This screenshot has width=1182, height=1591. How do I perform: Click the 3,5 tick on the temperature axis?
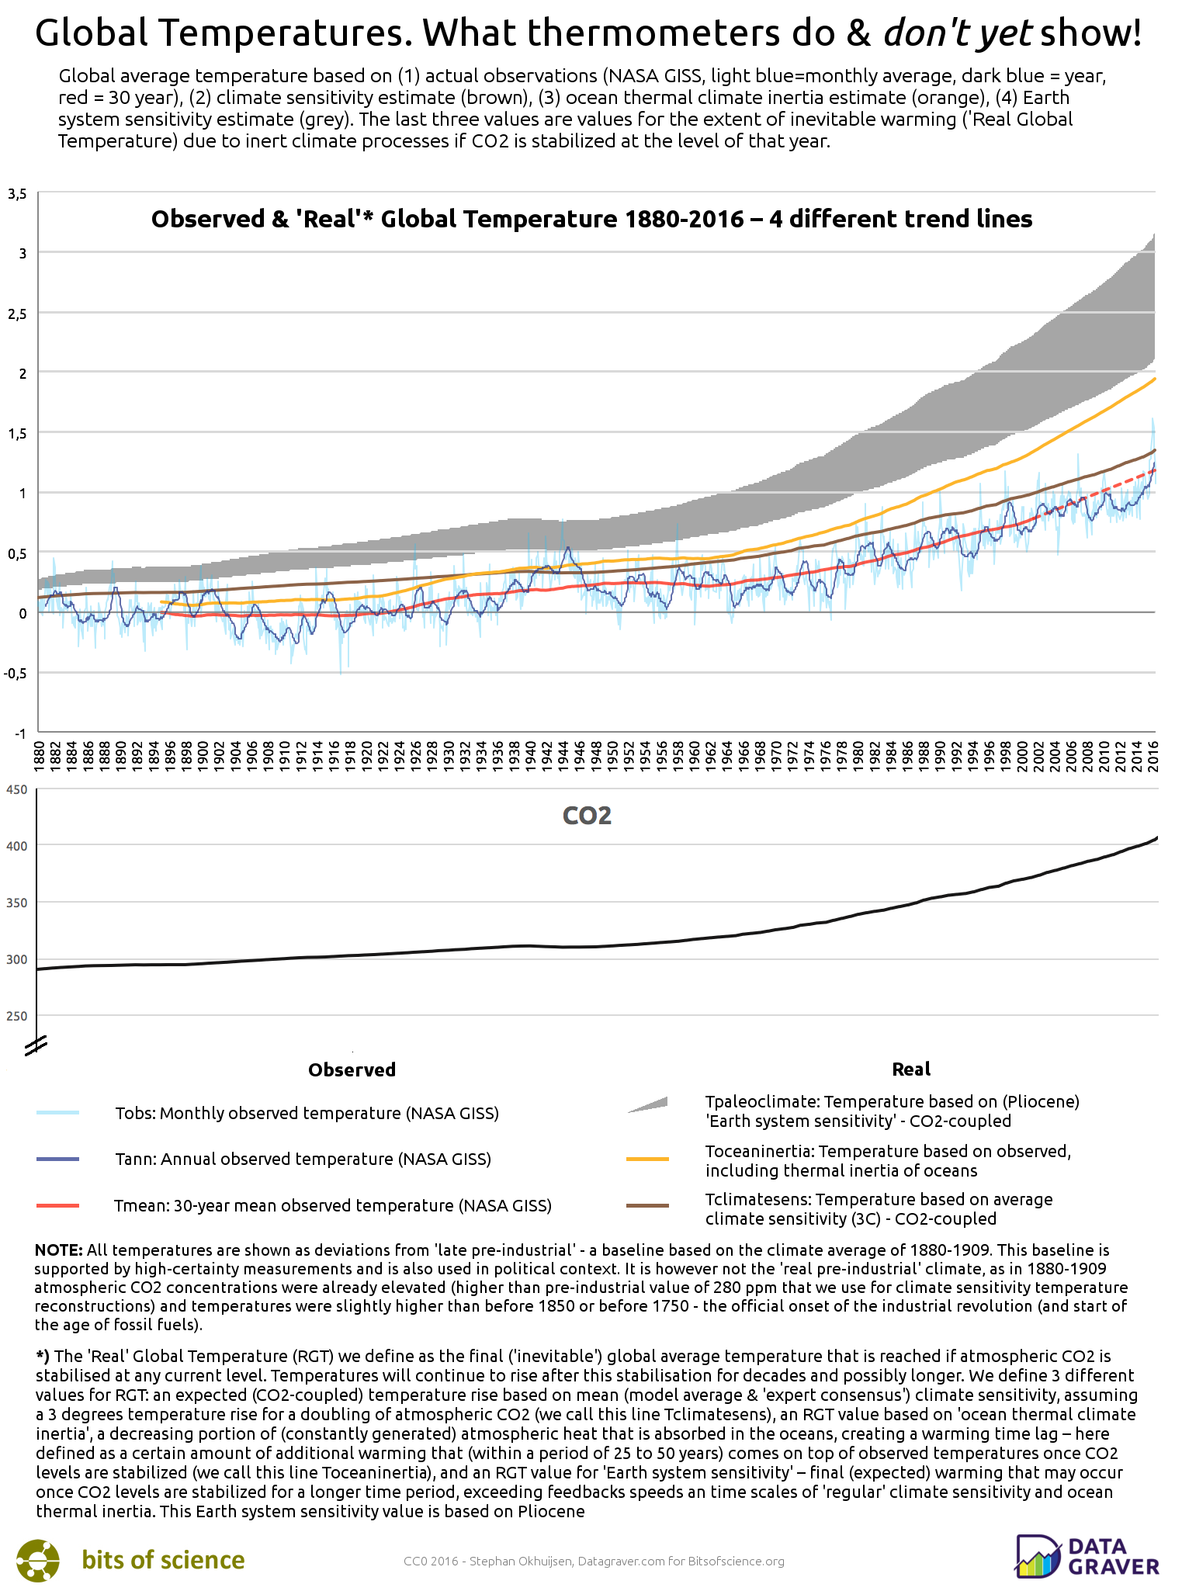[x=17, y=194]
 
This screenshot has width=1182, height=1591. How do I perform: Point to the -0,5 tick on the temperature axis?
[x=15, y=673]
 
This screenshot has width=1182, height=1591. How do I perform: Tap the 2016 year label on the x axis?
[x=1154, y=754]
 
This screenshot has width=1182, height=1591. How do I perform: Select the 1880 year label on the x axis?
[x=39, y=754]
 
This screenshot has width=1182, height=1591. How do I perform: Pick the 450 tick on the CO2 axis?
[x=17, y=790]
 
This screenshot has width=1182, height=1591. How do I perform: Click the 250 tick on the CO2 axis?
[x=17, y=1016]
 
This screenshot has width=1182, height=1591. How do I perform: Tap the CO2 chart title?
[x=587, y=816]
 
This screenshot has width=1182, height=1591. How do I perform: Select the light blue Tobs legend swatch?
[x=58, y=1113]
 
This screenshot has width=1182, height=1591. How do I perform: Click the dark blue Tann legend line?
[x=58, y=1159]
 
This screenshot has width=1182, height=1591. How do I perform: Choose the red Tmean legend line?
[x=58, y=1205]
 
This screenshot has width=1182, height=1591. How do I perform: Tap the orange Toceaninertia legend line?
[x=647, y=1159]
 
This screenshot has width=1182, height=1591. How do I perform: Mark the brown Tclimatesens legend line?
[x=647, y=1206]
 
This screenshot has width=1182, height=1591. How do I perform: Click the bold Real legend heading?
[x=911, y=1069]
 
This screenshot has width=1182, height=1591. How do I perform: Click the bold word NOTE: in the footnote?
[x=59, y=1250]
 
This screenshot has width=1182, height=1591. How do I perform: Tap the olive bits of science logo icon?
[x=38, y=1560]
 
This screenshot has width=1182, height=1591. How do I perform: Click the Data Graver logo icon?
[x=1038, y=1557]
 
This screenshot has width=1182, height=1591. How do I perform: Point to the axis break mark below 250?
[x=35, y=1046]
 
